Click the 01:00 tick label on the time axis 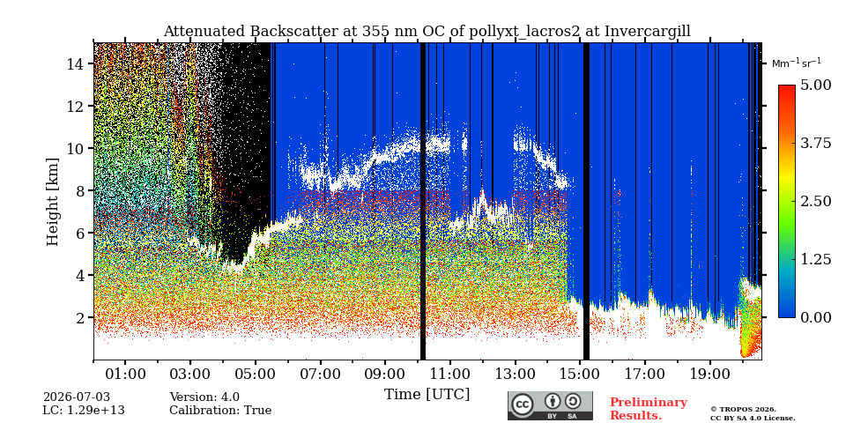125,374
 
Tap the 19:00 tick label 709,374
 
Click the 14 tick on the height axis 75,63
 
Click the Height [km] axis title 52,202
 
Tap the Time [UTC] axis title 427,394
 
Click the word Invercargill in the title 647,32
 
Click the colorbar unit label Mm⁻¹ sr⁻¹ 797,63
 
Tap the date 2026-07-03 76,397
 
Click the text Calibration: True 220,411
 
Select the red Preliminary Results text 648,408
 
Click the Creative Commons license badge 550,405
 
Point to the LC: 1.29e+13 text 84,411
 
